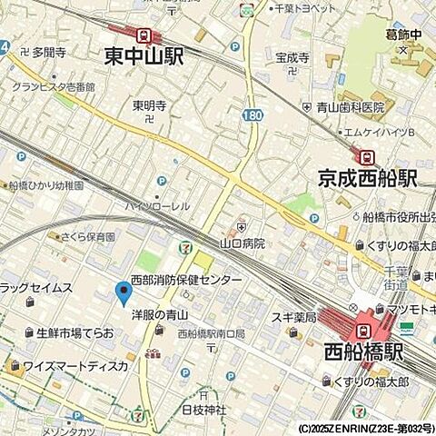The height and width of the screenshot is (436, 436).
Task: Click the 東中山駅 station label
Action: pyautogui.click(x=144, y=57)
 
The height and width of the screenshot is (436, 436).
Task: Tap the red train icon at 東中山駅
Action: pyautogui.click(x=144, y=35)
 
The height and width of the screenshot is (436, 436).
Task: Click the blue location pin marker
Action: pyautogui.click(x=124, y=292)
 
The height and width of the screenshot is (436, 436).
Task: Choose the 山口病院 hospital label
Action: pyautogui.click(x=243, y=243)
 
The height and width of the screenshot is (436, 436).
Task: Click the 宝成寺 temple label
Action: pyautogui.click(x=293, y=57)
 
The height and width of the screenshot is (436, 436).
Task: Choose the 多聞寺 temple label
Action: pyautogui.click(x=49, y=53)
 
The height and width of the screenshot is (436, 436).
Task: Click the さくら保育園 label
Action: pyautogui.click(x=87, y=236)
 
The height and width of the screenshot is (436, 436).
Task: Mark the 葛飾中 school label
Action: pyautogui.click(x=405, y=35)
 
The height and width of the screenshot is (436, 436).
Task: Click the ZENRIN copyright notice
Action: pyautogui.click(x=364, y=428)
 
